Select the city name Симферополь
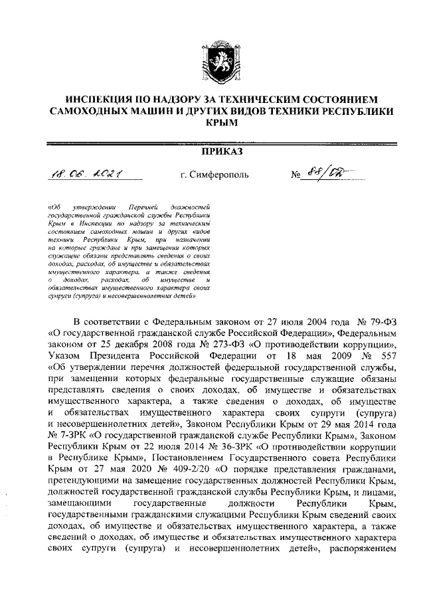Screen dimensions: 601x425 (x=212, y=176)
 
